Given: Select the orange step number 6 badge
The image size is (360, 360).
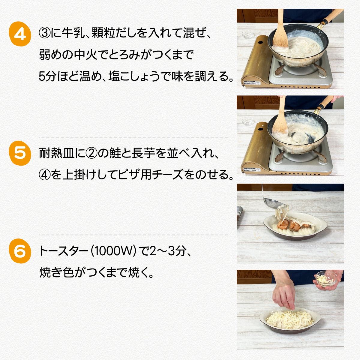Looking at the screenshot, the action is pyautogui.click(x=20, y=251).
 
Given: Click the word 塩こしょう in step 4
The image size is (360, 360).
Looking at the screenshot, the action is pyautogui.click(x=137, y=76).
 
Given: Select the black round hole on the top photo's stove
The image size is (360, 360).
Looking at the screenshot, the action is pyautogui.click(x=260, y=43).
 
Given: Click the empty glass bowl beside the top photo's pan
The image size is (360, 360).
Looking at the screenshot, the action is pyautogui.click(x=248, y=35).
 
